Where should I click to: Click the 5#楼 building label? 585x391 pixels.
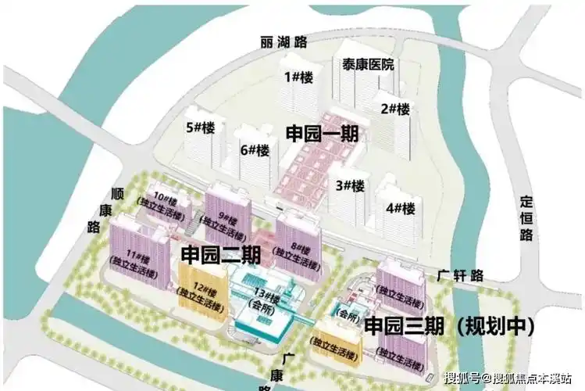click(201, 127)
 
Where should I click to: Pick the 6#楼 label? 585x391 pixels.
click(255, 149)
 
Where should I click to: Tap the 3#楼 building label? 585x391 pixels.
click(350, 186)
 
